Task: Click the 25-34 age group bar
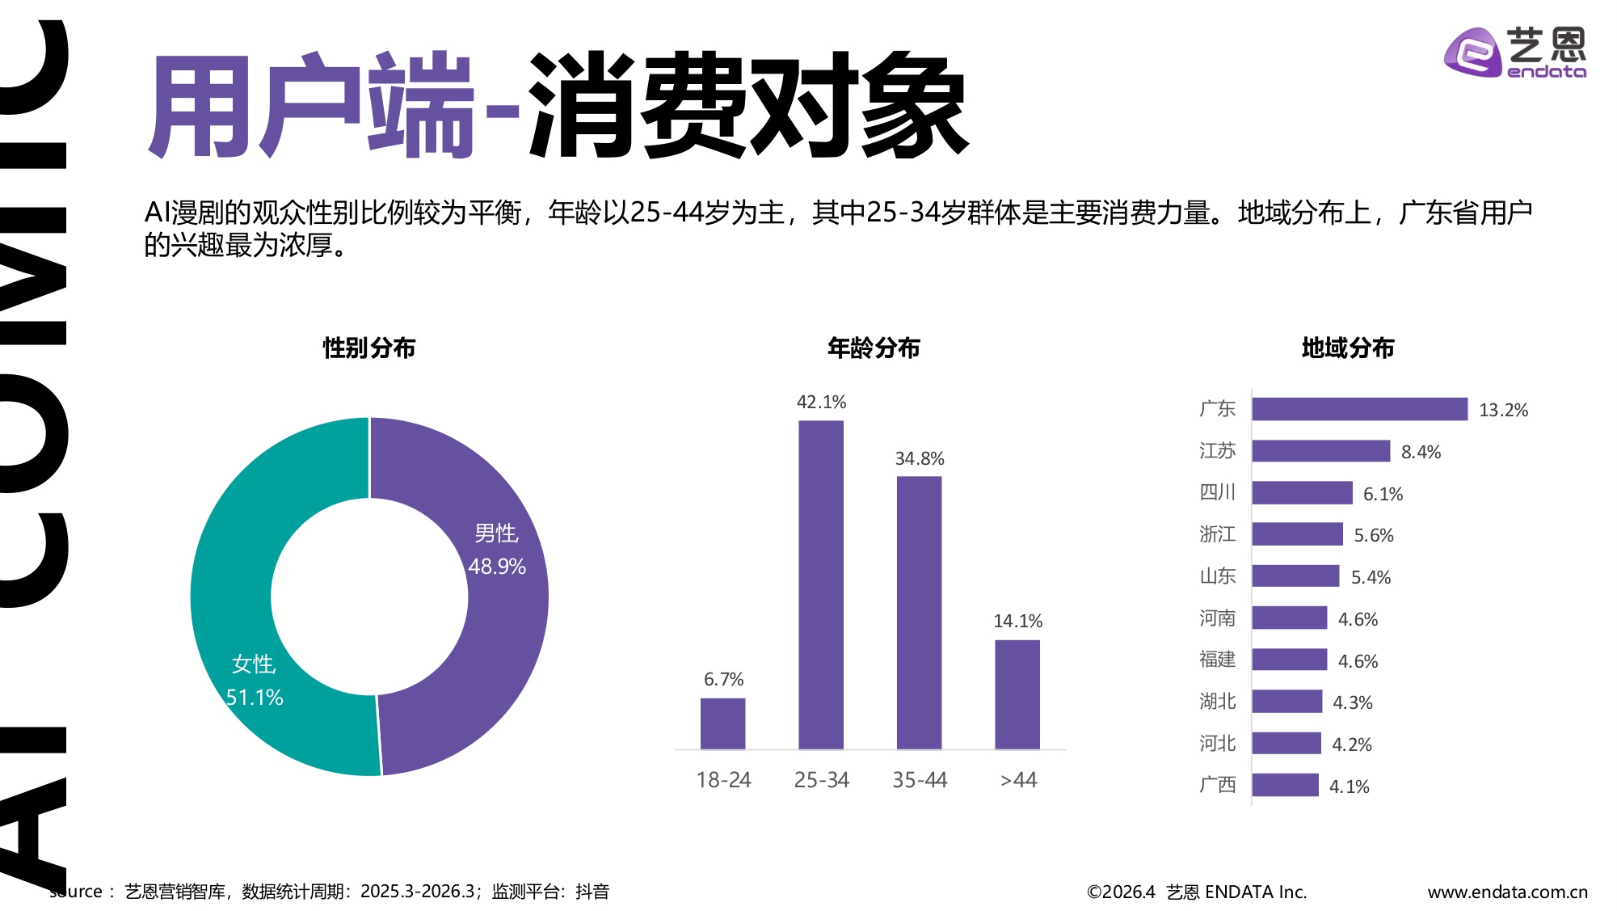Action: click(x=821, y=584)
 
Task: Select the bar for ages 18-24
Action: click(x=722, y=723)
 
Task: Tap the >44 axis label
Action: click(x=1018, y=780)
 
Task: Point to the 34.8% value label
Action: click(x=920, y=459)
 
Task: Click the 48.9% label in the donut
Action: click(x=497, y=567)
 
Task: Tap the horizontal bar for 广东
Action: click(x=1359, y=409)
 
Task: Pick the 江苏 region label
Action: click(x=1217, y=451)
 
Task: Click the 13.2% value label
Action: click(x=1503, y=411)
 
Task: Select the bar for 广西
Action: click(x=1285, y=785)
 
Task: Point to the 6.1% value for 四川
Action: click(x=1383, y=494)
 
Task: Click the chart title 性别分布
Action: click(x=369, y=348)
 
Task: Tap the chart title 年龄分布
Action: click(x=874, y=348)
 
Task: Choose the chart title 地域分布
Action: click(x=1348, y=348)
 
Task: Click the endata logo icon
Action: click(x=1472, y=53)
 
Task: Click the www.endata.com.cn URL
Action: click(x=1507, y=892)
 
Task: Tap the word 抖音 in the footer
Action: click(x=592, y=892)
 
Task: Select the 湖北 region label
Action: click(x=1217, y=702)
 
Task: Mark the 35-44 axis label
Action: click(x=920, y=780)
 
